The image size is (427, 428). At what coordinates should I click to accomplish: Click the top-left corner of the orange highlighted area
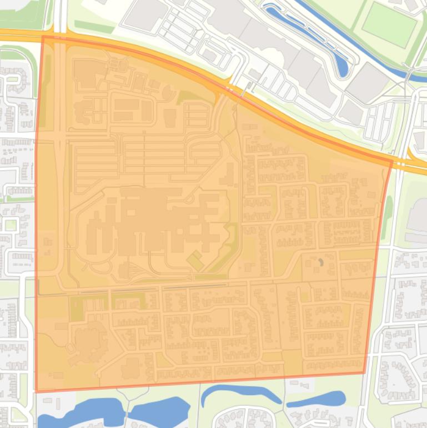[43, 37]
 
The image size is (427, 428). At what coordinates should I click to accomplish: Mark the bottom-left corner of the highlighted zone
[36, 391]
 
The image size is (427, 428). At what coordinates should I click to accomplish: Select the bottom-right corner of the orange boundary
[364, 373]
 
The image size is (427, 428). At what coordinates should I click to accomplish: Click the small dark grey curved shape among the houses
[320, 261]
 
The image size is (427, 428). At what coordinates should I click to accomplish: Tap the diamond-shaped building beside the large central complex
[195, 260]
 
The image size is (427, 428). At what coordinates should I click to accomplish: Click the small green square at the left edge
[11, 225]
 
